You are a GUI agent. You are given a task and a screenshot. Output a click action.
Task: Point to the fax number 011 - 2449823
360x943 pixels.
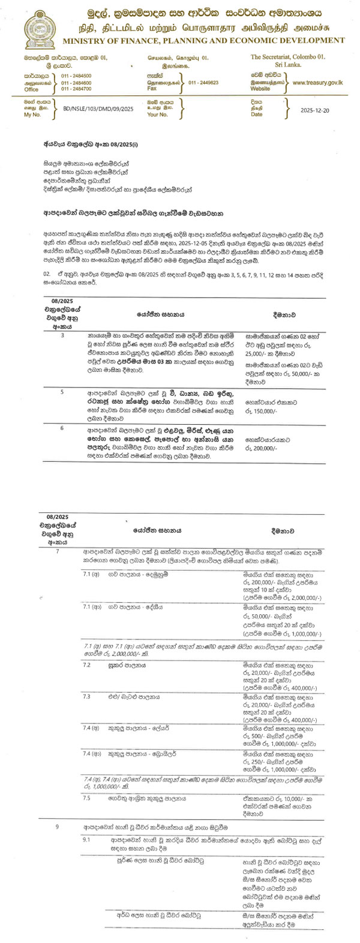[x=203, y=83]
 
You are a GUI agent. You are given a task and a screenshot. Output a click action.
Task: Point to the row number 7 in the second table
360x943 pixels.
[x=58, y=550]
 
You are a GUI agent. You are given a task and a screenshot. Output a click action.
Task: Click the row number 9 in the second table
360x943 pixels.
[x=58, y=827]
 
